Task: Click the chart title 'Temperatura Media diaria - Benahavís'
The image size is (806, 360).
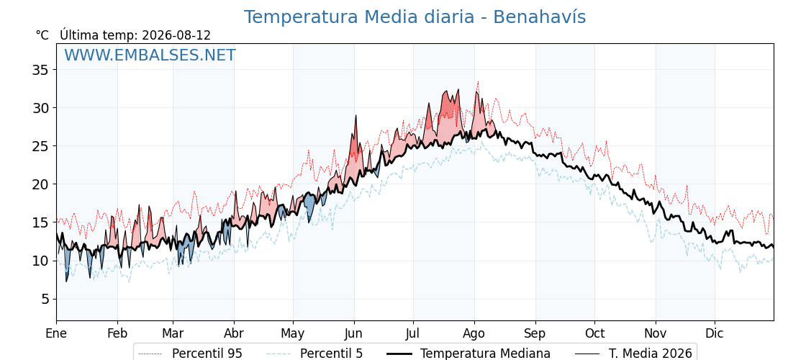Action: pos(415,17)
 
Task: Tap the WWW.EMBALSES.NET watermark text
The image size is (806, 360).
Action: pos(150,55)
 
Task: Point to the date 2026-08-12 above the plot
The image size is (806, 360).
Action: pos(176,35)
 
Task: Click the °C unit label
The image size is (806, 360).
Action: pos(42,35)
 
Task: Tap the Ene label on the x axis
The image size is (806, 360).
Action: pos(56,334)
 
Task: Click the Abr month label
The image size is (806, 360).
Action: pos(234,334)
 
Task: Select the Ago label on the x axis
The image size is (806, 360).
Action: pos(474,334)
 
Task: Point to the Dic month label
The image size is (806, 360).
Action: pos(715,334)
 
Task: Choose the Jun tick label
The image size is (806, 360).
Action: pos(353,334)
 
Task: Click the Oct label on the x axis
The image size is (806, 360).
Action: pos(594,334)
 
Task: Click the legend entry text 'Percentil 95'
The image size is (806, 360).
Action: pos(207,354)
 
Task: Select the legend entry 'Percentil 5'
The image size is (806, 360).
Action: pos(332,354)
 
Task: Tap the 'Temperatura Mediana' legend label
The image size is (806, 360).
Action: pos(485,354)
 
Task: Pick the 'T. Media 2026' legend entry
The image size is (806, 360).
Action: pos(651,354)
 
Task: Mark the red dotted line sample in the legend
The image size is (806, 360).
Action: pos(151,354)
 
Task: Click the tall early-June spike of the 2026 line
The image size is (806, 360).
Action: pos(356,116)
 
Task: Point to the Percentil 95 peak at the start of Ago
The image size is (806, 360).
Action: pos(478,82)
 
